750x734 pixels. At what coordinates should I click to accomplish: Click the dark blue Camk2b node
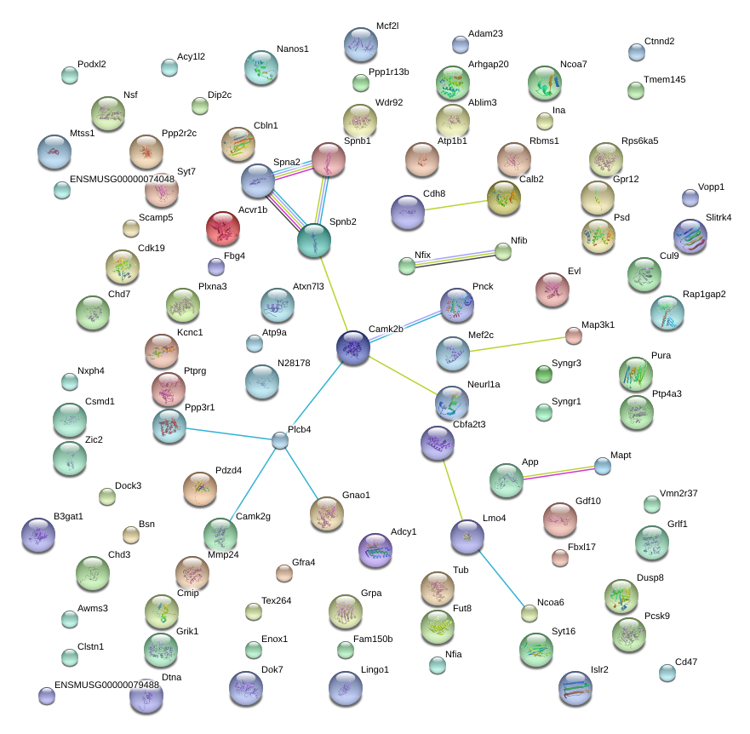tap(353, 347)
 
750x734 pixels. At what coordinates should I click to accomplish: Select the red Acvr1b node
tap(223, 228)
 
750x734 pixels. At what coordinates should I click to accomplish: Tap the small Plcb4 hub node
tap(280, 440)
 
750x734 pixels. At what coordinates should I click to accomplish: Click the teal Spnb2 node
tap(314, 240)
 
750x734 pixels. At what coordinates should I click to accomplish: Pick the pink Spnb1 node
tap(329, 159)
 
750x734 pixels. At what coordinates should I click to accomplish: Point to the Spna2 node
tap(258, 181)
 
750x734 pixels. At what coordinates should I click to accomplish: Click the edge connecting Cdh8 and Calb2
tap(455, 205)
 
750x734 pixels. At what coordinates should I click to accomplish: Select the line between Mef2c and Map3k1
tap(518, 345)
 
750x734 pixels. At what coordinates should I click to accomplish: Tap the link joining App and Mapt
tap(558, 473)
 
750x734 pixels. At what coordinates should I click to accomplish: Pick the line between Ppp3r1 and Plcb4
tap(229, 434)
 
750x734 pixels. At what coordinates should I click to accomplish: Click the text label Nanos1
tap(293, 49)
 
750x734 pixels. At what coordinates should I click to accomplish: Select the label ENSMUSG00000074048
tap(122, 179)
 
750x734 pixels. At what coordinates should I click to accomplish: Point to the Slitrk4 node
tap(690, 237)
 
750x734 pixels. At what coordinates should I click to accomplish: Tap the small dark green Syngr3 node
tap(544, 374)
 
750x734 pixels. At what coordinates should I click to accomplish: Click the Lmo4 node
tap(467, 536)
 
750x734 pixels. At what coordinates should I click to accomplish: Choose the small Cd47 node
tap(667, 673)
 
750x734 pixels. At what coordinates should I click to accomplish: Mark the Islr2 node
tap(575, 689)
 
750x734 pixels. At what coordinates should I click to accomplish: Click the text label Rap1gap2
tap(704, 294)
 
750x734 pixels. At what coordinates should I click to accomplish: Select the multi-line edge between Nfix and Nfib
tap(455, 258)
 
